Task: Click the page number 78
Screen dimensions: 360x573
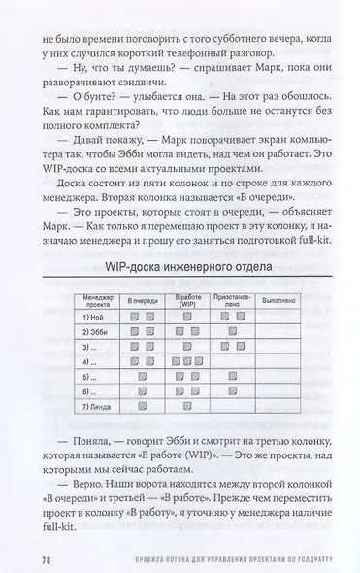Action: click(47, 560)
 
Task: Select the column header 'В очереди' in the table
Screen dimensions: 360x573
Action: click(143, 300)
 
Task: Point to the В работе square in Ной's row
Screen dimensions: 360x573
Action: click(186, 318)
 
